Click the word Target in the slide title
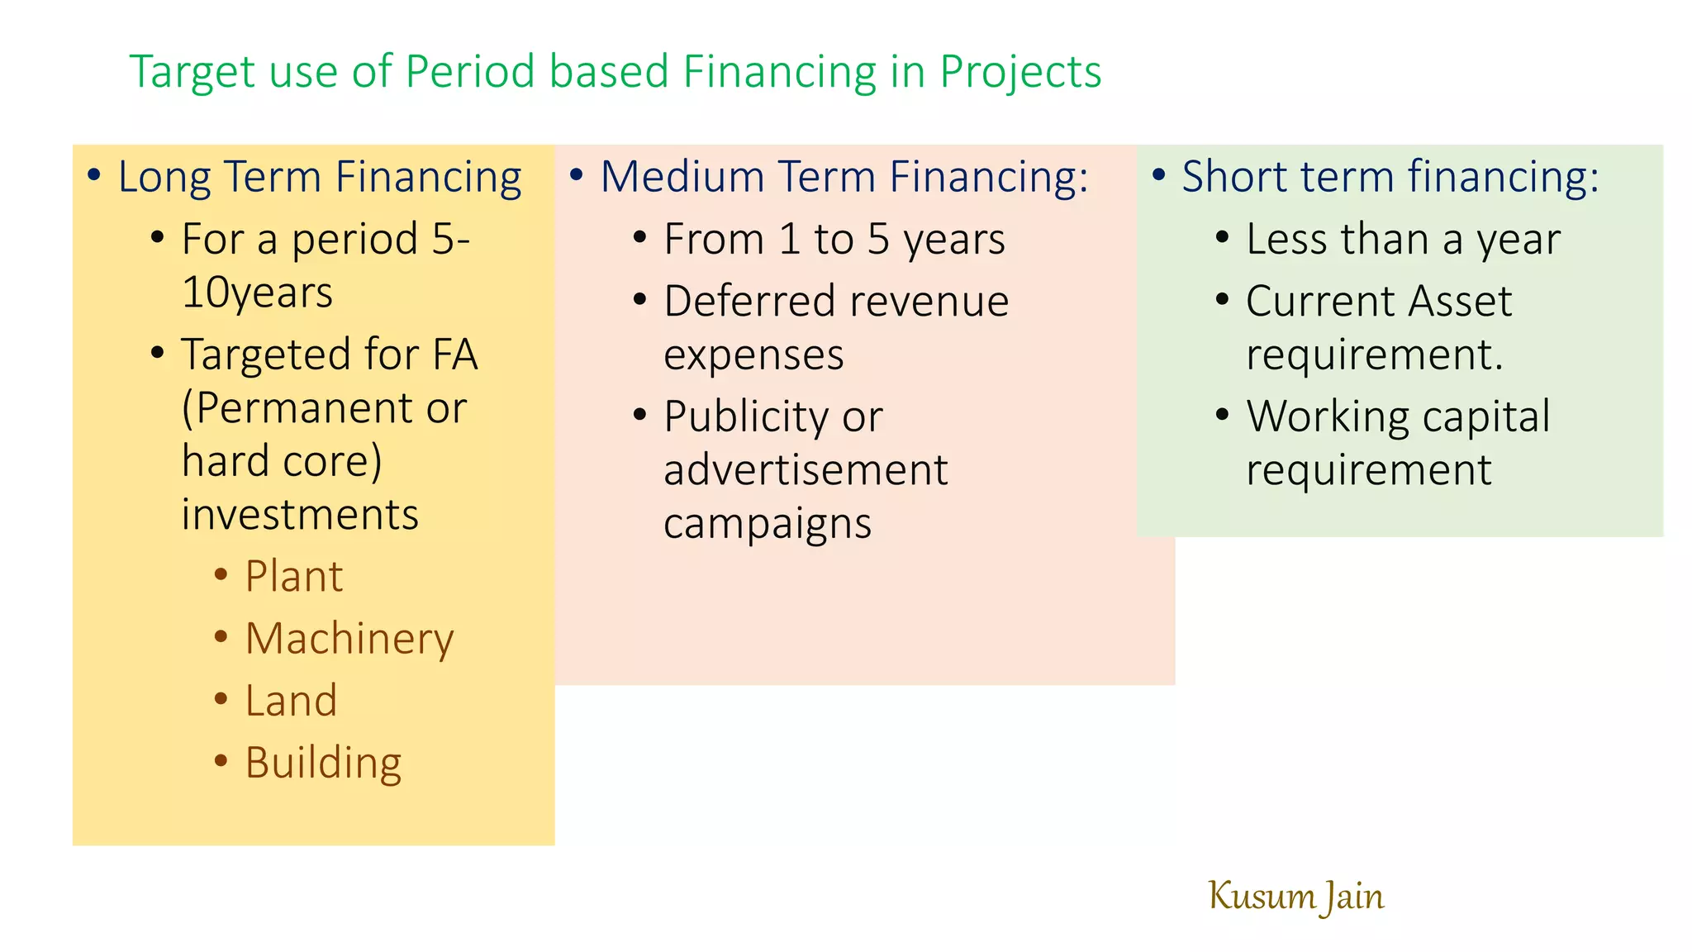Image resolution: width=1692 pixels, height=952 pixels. pos(191,72)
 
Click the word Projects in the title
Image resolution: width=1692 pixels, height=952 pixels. pos(1020,72)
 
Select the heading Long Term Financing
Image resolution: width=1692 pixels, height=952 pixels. pos(319,177)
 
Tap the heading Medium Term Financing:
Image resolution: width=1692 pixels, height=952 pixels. pos(844,177)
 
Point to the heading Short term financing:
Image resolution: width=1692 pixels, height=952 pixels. pos(1390,177)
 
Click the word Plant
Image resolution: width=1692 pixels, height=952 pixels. pos(293,576)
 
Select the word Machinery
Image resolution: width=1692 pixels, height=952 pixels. pos(349,639)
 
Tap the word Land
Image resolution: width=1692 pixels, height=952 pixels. pos(291,701)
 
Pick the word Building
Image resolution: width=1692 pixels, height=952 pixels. pos(323,763)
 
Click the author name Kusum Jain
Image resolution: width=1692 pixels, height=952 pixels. pos(1295,897)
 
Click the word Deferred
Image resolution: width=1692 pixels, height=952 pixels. pos(747,301)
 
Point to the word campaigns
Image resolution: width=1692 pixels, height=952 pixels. pos(767,524)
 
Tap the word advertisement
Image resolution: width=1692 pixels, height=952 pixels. pos(806,470)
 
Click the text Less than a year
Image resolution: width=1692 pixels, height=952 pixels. pos(1403,240)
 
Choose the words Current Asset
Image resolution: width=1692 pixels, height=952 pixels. pos(1378,301)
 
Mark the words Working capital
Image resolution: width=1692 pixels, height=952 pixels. pos(1398,416)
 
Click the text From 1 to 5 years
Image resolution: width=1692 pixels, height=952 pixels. pos(834,240)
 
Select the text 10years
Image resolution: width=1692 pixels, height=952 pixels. pos(257,293)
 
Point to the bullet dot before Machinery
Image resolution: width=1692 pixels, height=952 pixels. pos(221,636)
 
